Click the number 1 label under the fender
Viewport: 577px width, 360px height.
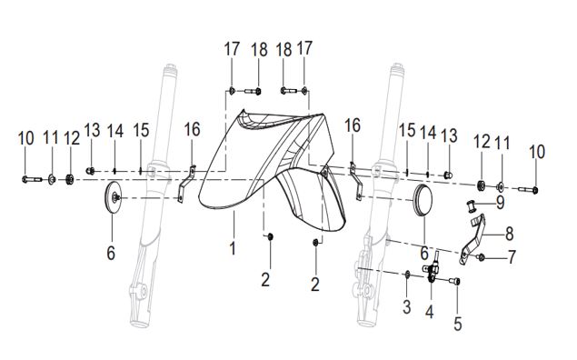tap(233, 248)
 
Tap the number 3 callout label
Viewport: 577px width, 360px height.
tap(406, 307)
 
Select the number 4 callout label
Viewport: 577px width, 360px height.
tap(430, 312)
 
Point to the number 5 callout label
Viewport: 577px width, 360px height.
tap(457, 324)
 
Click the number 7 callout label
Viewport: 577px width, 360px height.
tap(512, 256)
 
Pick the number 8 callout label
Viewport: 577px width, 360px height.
tap(509, 234)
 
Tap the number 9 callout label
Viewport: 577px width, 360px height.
tap(500, 202)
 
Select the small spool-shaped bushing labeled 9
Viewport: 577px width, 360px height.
tap(471, 205)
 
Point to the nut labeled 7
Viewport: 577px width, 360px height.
tap(481, 257)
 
